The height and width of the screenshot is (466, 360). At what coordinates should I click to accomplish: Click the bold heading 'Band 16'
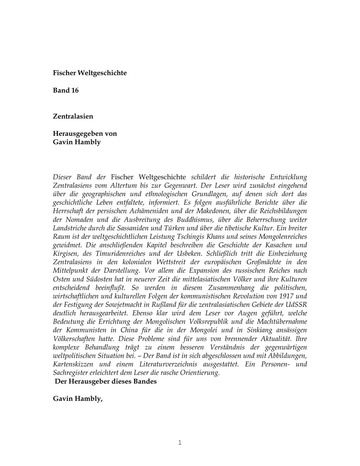[x=66, y=90]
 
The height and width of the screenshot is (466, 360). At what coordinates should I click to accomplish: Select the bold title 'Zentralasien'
[x=73, y=116]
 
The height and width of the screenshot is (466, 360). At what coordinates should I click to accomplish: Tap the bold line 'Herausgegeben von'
[x=85, y=133]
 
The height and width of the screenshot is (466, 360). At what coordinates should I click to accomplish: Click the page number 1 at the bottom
[x=180, y=442]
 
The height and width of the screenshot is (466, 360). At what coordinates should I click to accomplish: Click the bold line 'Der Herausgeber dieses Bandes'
[x=106, y=382]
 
